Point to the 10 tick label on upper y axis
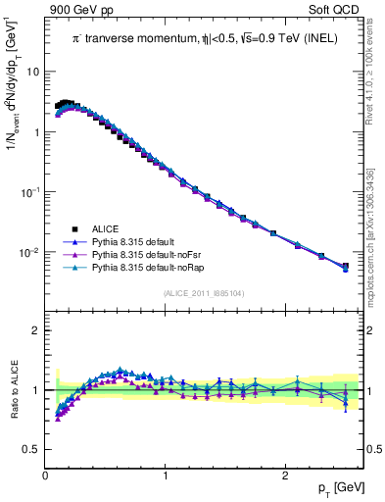32,72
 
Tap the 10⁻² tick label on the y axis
29,253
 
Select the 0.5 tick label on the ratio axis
31,449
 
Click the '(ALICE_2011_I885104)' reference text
203,292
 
